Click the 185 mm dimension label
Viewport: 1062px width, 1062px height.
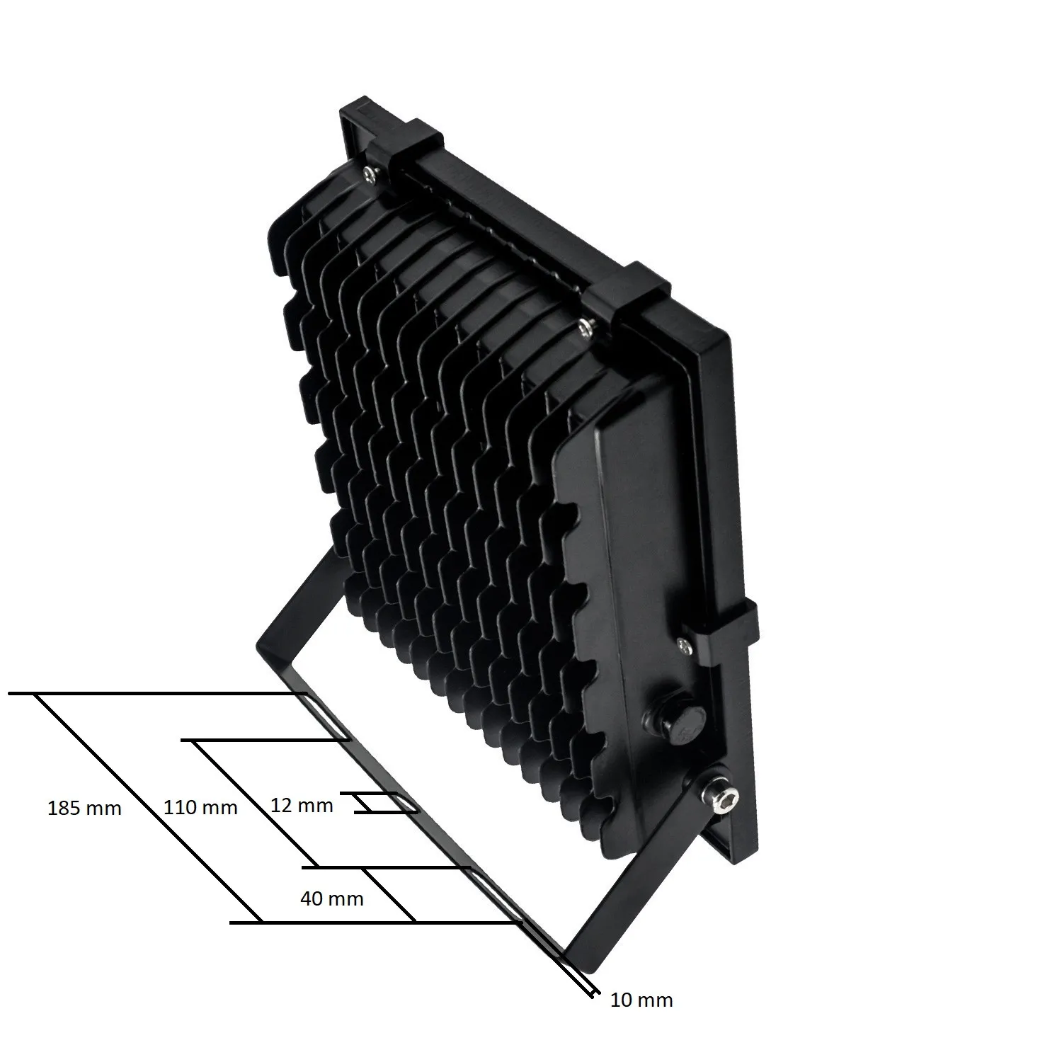click(84, 808)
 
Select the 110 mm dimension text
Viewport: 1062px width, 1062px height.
click(200, 806)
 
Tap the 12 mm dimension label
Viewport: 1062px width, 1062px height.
click(302, 805)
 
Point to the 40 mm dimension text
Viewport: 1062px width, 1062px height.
click(331, 898)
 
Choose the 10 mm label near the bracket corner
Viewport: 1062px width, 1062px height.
click(641, 1000)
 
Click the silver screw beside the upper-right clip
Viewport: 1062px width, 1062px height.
click(585, 326)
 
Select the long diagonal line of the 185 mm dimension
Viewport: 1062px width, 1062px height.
click(149, 808)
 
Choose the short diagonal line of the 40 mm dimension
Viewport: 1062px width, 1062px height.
click(389, 894)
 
